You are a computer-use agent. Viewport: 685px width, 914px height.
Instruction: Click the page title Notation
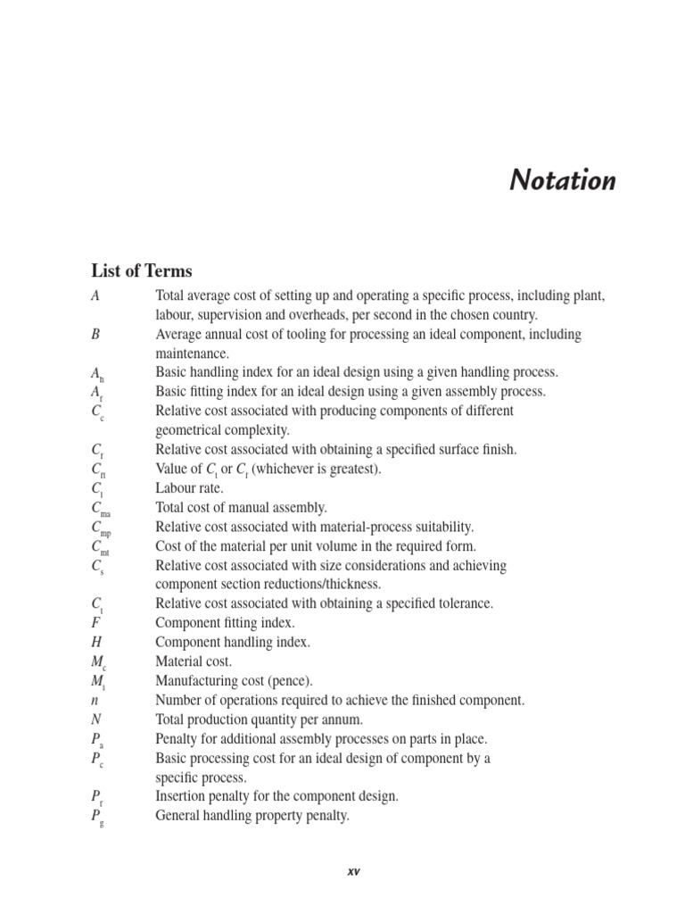(562, 180)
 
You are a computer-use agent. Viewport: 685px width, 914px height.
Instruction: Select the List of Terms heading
(141, 270)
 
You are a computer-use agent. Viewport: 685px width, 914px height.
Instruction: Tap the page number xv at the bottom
(352, 871)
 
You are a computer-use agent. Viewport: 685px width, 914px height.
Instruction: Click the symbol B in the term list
(95, 334)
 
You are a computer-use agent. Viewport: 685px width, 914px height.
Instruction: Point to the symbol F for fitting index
(95, 623)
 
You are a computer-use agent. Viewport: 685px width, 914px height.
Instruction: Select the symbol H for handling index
(96, 642)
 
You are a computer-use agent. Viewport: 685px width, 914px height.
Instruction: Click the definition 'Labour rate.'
(190, 488)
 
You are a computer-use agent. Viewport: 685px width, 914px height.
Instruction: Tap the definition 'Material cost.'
(194, 661)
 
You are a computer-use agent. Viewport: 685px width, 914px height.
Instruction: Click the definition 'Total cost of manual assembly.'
(242, 507)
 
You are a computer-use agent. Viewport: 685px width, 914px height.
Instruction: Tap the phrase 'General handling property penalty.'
(252, 815)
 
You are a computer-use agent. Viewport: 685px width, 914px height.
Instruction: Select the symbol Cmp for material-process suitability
(100, 528)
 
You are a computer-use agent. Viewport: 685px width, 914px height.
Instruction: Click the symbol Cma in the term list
(100, 509)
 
